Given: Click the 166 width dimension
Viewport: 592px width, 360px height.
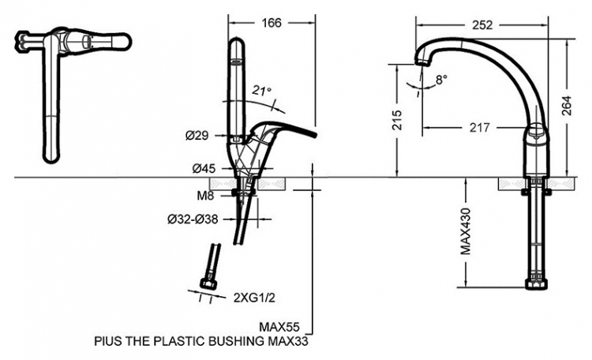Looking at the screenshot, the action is [x=272, y=23].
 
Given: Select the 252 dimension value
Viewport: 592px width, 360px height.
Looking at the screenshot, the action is [x=482, y=25].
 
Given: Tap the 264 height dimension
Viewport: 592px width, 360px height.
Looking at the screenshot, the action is [x=567, y=106].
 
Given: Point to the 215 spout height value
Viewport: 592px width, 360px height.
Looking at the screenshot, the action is [x=397, y=120].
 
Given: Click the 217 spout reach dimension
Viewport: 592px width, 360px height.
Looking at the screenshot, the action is [x=479, y=128].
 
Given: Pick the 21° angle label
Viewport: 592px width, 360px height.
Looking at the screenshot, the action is [x=262, y=91].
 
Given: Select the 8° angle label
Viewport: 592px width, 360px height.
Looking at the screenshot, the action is [x=441, y=80].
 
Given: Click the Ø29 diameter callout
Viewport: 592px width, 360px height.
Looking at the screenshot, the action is [x=197, y=136].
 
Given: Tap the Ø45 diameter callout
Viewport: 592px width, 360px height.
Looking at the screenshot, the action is [x=204, y=169].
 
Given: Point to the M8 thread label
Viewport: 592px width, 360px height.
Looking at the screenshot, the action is [x=205, y=195].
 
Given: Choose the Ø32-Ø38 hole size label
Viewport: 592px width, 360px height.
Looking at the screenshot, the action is [x=193, y=219].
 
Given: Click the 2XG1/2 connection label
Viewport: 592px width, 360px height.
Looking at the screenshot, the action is [x=254, y=298].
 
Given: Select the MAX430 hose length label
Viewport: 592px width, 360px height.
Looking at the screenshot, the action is [x=466, y=231].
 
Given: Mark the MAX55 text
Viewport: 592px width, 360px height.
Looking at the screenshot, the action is [x=279, y=326].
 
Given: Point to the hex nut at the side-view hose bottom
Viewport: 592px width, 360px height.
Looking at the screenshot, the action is [x=537, y=284].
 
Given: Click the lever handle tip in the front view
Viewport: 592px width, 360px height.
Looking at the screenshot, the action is [x=315, y=133].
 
